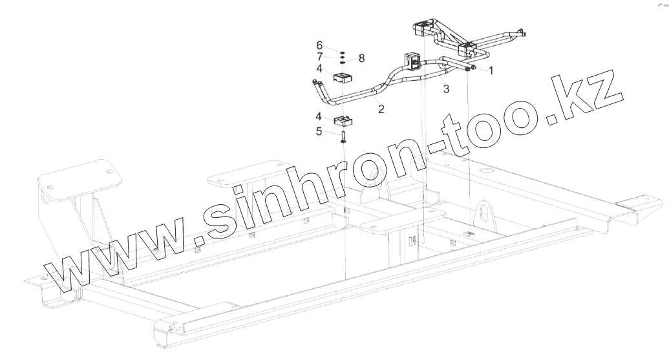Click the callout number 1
491,70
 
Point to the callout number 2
381,109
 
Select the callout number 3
446,89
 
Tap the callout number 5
319,132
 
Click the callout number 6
319,45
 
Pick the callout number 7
319,56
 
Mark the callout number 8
361,58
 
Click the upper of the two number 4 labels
319,68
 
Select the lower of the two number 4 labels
319,117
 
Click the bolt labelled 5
343,136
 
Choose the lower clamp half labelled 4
343,120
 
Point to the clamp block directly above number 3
412,59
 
